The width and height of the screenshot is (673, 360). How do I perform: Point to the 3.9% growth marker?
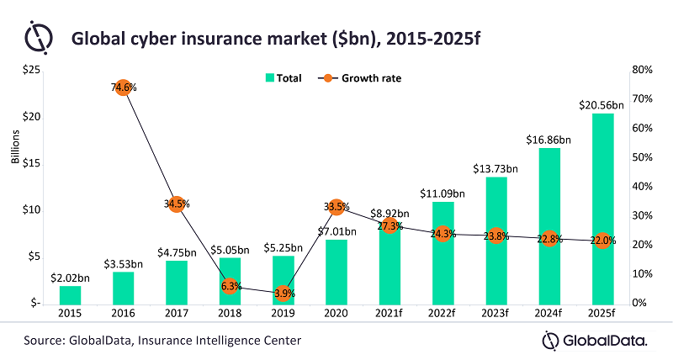point(284,294)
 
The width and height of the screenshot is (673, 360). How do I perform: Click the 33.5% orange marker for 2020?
point(336,206)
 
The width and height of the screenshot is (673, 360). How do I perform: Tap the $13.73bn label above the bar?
point(495,169)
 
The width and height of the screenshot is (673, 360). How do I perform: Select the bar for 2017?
point(177,282)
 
